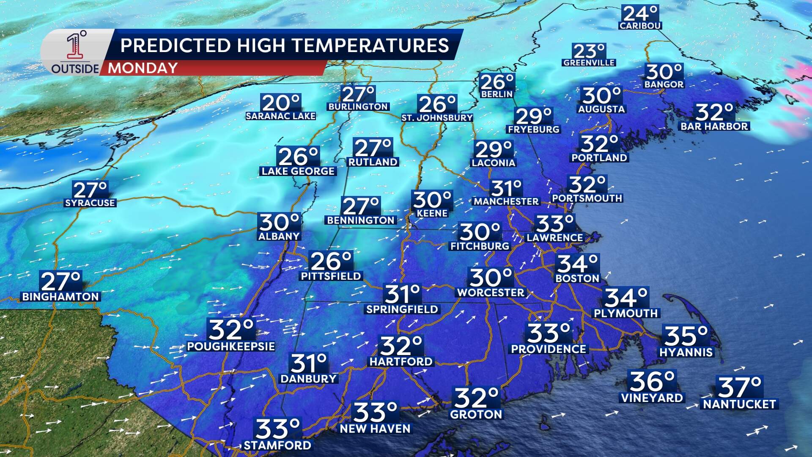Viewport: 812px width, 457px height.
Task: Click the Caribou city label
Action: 640,26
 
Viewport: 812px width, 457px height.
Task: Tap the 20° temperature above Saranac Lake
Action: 281,103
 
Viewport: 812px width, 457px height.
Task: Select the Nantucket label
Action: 739,404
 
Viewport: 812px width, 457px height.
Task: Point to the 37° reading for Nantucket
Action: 739,387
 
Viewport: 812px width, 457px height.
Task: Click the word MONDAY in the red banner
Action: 143,68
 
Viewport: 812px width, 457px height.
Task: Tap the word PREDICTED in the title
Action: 176,45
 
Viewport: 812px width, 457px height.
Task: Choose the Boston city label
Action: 577,278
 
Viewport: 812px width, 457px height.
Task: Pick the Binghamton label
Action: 60,297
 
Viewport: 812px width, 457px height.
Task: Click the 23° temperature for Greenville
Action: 589,52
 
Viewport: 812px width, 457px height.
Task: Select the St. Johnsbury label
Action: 437,118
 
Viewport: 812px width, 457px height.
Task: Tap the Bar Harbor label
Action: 714,126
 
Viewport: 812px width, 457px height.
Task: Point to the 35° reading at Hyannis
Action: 686,336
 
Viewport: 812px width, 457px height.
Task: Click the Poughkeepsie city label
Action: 231,347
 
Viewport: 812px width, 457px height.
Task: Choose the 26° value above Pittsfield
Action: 331,261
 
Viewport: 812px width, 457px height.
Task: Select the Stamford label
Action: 277,445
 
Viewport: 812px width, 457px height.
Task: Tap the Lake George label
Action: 298,171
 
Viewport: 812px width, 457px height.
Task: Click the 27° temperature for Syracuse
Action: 90,190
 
